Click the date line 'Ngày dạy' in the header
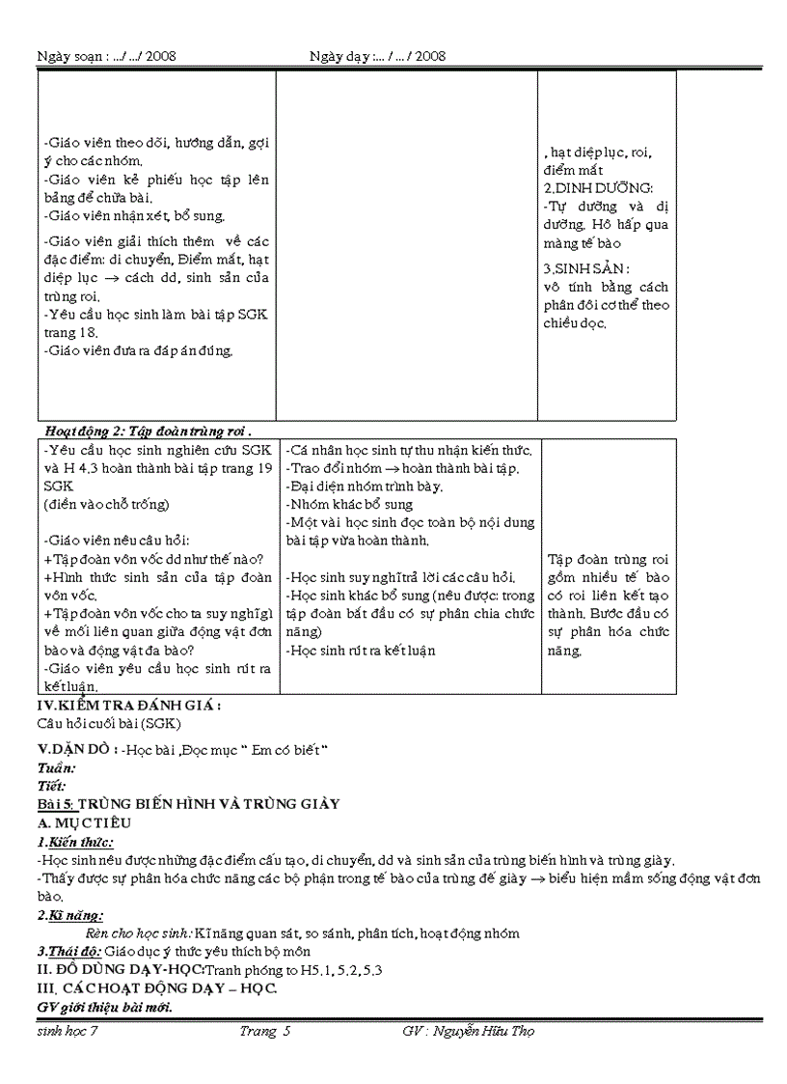(377, 57)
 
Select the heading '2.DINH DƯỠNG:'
(598, 187)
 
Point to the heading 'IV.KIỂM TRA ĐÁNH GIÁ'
(128, 705)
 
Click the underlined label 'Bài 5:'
(55, 803)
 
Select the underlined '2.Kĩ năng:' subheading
(70, 915)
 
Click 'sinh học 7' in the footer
(67, 1031)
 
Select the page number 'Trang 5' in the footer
(265, 1031)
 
